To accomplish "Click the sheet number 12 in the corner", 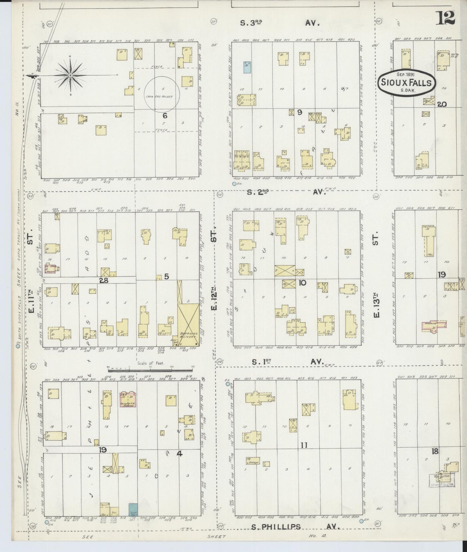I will tap(445, 17).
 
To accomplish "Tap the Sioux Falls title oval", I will tap(406, 83).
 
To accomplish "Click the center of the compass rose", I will tap(70, 75).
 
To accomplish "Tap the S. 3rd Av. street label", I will tap(280, 23).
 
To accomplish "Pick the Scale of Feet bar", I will tap(151, 367).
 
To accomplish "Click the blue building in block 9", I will tap(247, 67).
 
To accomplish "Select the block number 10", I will tap(302, 283).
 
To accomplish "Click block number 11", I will tap(304, 445).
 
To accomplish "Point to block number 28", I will tap(103, 281).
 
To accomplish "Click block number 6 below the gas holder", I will tap(165, 115).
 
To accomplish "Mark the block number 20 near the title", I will tap(442, 104).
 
